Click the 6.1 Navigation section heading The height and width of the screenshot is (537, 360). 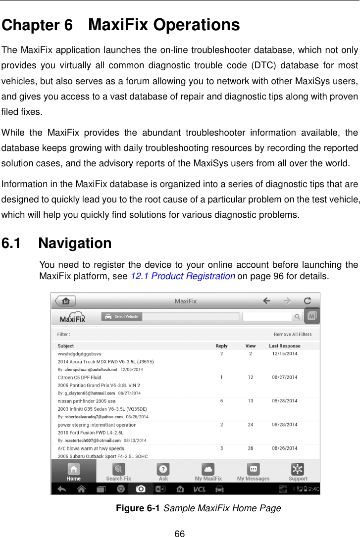tap(57, 244)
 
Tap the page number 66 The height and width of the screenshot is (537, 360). tap(180, 533)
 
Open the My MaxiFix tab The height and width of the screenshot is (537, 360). tap(208, 472)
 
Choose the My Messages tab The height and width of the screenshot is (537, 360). tap(253, 472)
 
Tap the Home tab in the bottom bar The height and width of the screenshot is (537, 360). tap(74, 472)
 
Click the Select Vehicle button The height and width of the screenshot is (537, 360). tap(122, 316)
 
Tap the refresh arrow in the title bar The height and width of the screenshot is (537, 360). tap(307, 300)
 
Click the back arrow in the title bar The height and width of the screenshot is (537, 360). tap(266, 300)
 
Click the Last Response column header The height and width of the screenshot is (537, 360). tap(284, 346)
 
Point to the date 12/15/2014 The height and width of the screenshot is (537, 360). tap(285, 354)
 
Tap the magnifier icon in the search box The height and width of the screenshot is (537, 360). tap(297, 316)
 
